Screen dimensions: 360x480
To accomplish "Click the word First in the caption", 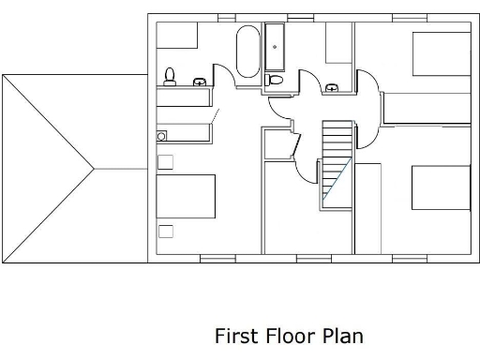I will click(234, 336).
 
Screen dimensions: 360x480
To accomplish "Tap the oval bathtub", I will click(247, 52).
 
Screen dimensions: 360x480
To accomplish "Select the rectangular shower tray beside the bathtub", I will click(277, 47).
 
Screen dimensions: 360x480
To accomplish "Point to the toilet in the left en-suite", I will click(171, 74).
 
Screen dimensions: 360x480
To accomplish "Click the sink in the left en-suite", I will click(199, 82).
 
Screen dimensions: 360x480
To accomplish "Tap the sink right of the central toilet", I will click(331, 88).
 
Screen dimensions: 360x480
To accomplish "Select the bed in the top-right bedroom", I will click(442, 53).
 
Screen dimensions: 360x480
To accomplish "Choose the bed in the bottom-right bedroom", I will click(441, 187).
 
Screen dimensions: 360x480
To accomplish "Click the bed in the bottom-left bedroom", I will click(186, 196).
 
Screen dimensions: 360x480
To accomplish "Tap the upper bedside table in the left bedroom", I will click(166, 162).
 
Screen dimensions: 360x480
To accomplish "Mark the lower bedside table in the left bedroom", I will click(166, 231).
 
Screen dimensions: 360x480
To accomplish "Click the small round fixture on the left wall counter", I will click(161, 136).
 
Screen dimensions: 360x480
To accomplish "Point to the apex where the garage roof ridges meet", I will click(95, 169).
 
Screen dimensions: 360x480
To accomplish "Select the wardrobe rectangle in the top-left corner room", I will click(177, 35).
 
